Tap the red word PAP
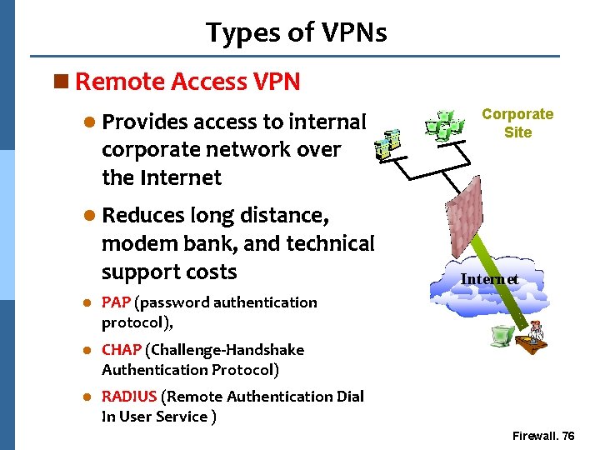116,302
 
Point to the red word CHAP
121,350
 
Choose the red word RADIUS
129,397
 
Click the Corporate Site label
517,123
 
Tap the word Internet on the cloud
489,279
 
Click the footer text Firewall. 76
542,437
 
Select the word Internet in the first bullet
181,177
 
